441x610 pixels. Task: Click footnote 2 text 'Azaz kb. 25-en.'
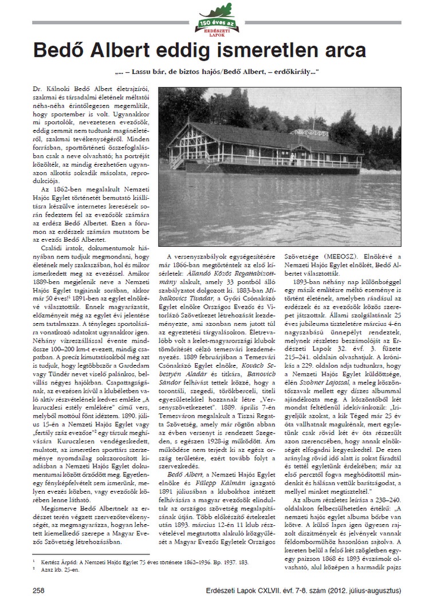(x=63, y=570)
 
